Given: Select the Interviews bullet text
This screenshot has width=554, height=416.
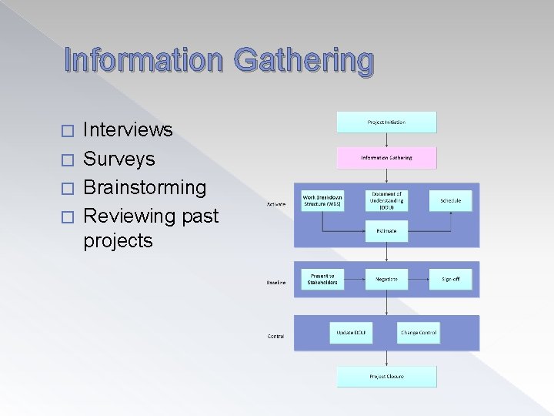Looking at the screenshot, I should pyautogui.click(x=128, y=129).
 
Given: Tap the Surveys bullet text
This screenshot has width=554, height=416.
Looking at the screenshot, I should pyautogui.click(x=119, y=159).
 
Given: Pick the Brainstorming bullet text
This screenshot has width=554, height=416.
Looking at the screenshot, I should pyautogui.click(x=145, y=187).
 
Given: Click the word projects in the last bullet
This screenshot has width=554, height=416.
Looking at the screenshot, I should pyautogui.click(x=118, y=240).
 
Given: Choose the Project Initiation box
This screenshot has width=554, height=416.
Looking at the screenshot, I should pyautogui.click(x=386, y=122).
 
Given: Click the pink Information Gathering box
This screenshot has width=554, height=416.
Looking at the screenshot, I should pyautogui.click(x=386, y=158).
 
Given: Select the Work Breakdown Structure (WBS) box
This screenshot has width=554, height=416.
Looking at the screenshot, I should pyautogui.click(x=322, y=200).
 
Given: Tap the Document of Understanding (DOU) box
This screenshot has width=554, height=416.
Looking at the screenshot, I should pyautogui.click(x=386, y=200).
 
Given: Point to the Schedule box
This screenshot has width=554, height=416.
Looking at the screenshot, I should pyautogui.click(x=451, y=200).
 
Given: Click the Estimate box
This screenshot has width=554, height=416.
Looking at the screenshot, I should pyautogui.click(x=386, y=230).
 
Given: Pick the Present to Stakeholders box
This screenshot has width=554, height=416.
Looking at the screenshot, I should pyautogui.click(x=322, y=279).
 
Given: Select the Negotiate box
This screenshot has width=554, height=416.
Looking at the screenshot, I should pyautogui.click(x=386, y=279).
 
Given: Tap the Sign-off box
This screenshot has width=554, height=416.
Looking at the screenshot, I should pyautogui.click(x=451, y=279).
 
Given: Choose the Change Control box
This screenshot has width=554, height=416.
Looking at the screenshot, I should pyautogui.click(x=419, y=333).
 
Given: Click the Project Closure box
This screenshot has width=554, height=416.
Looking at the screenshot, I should pyautogui.click(x=386, y=376).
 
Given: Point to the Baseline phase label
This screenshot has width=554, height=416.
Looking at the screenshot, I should pyautogui.click(x=276, y=283).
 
